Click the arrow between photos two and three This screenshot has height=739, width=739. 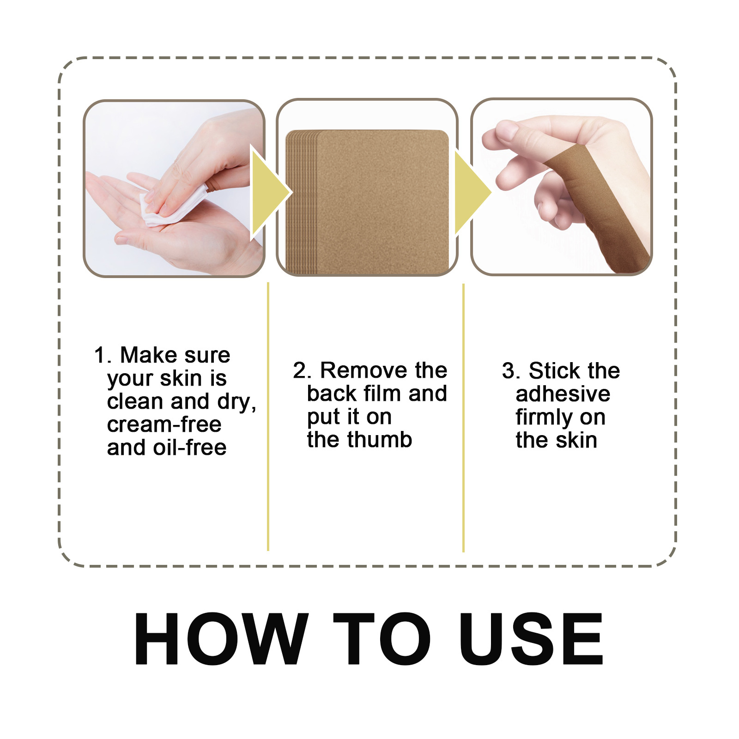tap(471, 192)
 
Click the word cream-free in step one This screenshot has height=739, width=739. tap(164, 424)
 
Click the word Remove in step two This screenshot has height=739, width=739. tap(363, 370)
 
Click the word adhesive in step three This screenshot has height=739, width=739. tap(563, 394)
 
